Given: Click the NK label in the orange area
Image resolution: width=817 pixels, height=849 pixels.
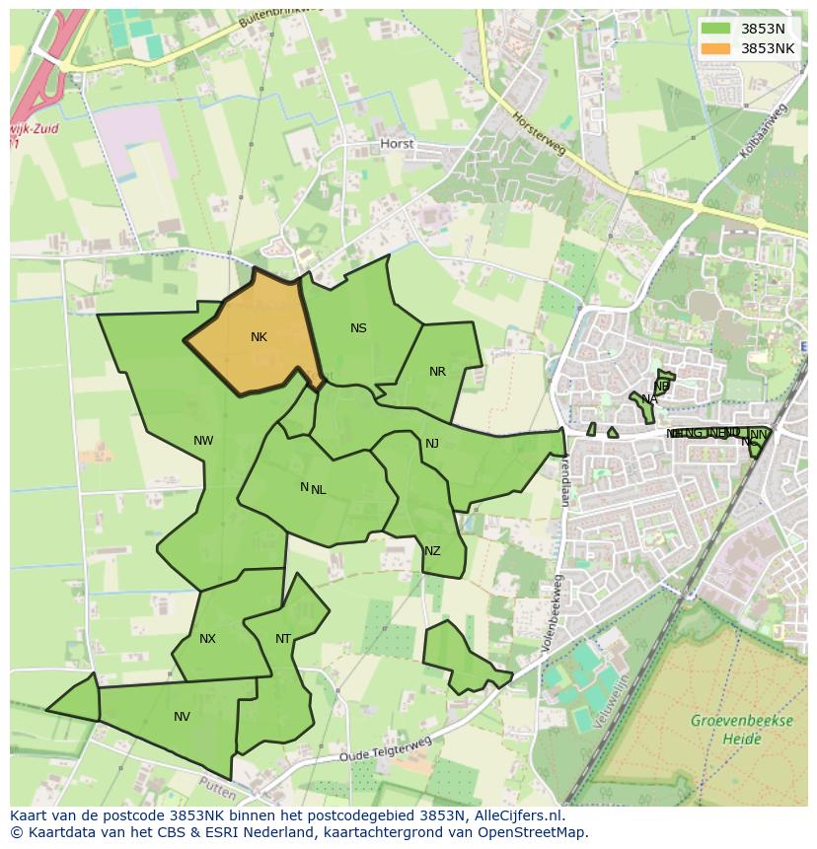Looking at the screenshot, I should pyautogui.click(x=259, y=337).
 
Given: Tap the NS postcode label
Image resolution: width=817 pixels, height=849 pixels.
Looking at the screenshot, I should pyautogui.click(x=358, y=328).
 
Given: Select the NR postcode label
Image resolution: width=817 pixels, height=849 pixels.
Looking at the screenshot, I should pyautogui.click(x=437, y=372).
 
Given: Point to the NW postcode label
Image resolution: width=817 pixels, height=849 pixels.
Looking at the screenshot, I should pyautogui.click(x=203, y=441).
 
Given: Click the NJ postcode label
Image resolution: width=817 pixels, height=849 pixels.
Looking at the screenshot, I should pyautogui.click(x=432, y=444).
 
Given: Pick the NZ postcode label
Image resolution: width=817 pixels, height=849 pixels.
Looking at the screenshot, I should pyautogui.click(x=432, y=551).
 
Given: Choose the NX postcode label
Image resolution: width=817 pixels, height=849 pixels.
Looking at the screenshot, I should pyautogui.click(x=207, y=639).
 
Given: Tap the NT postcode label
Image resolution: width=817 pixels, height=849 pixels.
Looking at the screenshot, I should pyautogui.click(x=283, y=639).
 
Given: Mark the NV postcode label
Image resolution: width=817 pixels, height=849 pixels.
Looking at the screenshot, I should pyautogui.click(x=182, y=717).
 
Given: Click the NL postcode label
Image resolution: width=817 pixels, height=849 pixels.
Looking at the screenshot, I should pyautogui.click(x=318, y=489).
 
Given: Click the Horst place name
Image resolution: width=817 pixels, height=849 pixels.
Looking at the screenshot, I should pyautogui.click(x=398, y=144).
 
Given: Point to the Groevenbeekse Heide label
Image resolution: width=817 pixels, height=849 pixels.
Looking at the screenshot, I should pyautogui.click(x=742, y=730).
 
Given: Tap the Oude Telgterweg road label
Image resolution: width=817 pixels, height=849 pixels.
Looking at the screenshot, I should pyautogui.click(x=386, y=749).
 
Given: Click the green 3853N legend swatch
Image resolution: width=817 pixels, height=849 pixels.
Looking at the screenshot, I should pyautogui.click(x=716, y=29).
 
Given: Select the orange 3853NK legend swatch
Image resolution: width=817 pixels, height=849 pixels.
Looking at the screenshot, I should pyautogui.click(x=716, y=48).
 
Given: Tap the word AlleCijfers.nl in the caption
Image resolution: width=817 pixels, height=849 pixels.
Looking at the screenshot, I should pyautogui.click(x=516, y=815).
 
